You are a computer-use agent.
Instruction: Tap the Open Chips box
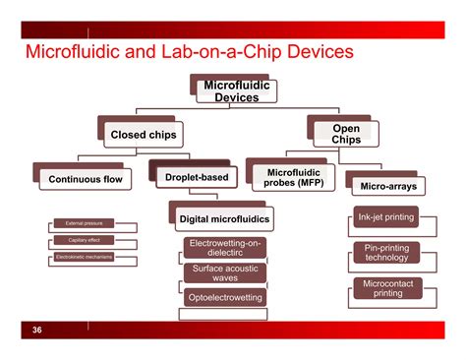pyautogui.click(x=346, y=134)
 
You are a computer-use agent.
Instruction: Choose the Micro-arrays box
pyautogui.click(x=384, y=184)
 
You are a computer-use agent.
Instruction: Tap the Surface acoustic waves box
pyautogui.click(x=225, y=273)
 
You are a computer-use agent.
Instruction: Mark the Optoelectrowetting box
pyautogui.click(x=225, y=296)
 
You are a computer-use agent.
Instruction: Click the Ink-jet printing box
pyautogui.click(x=384, y=217)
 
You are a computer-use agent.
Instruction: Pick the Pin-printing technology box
pyautogui.click(x=386, y=253)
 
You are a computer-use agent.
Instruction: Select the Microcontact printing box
pyautogui.click(x=386, y=289)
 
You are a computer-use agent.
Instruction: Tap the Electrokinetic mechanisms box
pyautogui.click(x=83, y=258)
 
